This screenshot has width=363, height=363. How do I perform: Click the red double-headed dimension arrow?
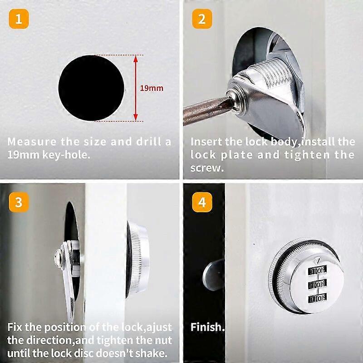point(135,88)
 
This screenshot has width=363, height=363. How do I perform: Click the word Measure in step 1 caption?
point(28,141)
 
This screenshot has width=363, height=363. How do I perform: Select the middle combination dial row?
point(317,285)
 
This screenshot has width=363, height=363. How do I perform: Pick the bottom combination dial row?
point(317,299)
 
